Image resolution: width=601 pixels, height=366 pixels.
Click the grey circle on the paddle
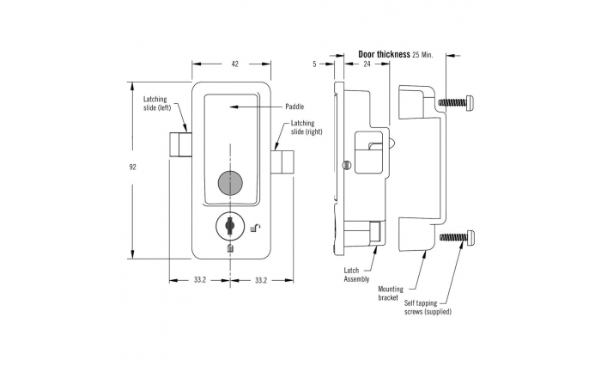[x=230, y=183]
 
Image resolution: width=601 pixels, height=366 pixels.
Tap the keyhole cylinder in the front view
[x=229, y=226]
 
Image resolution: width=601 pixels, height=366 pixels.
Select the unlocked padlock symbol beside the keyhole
[x=255, y=229]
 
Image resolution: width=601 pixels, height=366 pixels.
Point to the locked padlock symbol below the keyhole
[x=230, y=248]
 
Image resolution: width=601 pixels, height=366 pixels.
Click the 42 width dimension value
[x=235, y=64]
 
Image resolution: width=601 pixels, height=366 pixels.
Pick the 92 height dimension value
[x=132, y=168]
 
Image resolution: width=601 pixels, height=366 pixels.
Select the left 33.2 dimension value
[x=200, y=280]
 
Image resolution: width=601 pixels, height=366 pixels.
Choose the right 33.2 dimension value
[x=261, y=280]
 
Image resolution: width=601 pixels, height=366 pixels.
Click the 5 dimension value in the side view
[x=315, y=64]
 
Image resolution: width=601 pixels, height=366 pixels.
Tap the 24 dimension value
[x=367, y=64]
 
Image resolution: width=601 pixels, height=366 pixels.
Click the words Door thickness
[x=384, y=54]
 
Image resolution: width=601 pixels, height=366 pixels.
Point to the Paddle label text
[x=294, y=107]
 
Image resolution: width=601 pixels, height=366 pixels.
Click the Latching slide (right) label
[x=307, y=127]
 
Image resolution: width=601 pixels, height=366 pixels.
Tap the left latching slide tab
[x=180, y=144]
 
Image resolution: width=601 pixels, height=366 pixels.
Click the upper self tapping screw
[x=457, y=103]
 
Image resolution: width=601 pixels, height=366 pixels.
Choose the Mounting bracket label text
[x=391, y=293]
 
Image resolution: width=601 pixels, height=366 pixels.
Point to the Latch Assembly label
[x=356, y=275]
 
